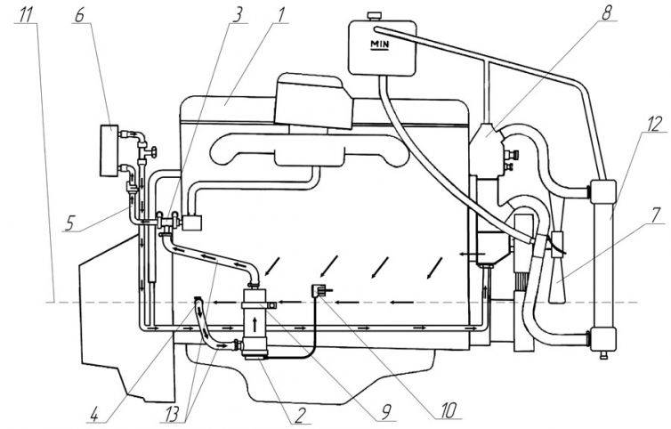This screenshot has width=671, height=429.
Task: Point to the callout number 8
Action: click(x=606, y=12)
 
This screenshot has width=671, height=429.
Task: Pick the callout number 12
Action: click(x=654, y=124)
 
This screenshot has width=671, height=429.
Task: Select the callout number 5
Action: click(x=70, y=223)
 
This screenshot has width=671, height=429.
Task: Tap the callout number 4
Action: click(x=95, y=414)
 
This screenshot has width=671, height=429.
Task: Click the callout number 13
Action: click(x=177, y=414)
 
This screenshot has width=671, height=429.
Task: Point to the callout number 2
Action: click(x=300, y=414)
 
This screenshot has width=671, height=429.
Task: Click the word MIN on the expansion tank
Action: click(x=380, y=45)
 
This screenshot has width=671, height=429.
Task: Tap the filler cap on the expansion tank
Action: click(x=375, y=16)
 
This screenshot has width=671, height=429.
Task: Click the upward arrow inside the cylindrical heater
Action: click(x=255, y=324)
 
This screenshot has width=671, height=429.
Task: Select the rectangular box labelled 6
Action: click(x=109, y=150)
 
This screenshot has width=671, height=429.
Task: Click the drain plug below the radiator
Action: click(x=603, y=355)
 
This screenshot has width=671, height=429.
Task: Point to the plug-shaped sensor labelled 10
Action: click(x=317, y=292)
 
